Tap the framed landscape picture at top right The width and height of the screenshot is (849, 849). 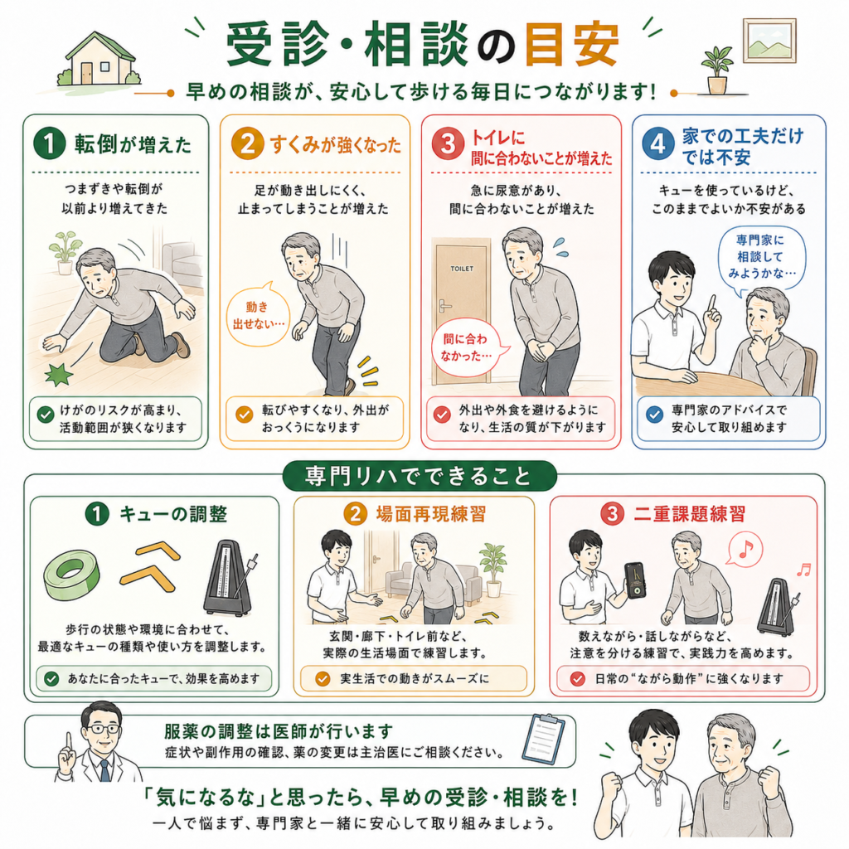pos(769,41)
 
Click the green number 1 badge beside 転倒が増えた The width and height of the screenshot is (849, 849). pos(49,143)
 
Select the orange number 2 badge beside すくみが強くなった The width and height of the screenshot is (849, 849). pos(247,144)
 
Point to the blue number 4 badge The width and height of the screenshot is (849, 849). pos(657,144)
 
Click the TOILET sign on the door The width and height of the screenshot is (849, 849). pos(462,269)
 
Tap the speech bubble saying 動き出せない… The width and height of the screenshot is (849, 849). pos(259,314)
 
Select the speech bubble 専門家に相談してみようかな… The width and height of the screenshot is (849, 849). pos(761,258)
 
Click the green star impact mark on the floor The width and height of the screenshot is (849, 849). pos(59,374)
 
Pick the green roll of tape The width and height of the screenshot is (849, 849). pos(71,575)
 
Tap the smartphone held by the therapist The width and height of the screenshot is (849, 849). pos(634,580)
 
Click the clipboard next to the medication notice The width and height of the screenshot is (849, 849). pos(544,737)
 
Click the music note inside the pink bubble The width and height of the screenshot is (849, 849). pos(746,549)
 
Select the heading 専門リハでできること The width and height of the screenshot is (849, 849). pos(419,477)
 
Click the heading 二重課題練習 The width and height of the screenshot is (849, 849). pos(689,513)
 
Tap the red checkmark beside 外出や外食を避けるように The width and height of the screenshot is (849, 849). pos(442,415)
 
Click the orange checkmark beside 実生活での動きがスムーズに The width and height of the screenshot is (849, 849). pos(323,678)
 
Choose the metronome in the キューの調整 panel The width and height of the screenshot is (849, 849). pos(230,577)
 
